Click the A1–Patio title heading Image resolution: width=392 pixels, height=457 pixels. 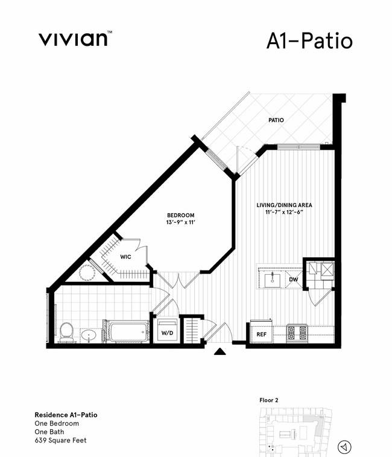(309, 41)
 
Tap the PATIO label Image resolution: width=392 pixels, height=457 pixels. (276, 120)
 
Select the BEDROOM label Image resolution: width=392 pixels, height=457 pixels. (180, 215)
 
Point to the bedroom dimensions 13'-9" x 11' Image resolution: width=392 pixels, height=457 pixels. (180, 222)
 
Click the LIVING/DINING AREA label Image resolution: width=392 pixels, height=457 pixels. (284, 205)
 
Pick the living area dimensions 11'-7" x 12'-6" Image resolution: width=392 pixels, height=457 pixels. (284, 212)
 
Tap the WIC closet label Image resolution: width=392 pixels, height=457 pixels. (125, 257)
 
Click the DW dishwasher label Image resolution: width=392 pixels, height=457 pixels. (294, 280)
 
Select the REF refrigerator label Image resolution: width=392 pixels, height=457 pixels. (261, 334)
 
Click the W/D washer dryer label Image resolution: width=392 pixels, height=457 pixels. (167, 333)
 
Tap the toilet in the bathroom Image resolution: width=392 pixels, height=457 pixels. (66, 332)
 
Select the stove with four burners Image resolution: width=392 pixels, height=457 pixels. (297, 333)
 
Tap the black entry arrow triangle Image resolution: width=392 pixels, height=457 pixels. (220, 351)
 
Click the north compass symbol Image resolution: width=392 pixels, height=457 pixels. (344, 447)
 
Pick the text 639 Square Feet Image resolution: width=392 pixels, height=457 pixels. (60, 440)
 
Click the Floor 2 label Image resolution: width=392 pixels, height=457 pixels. (269, 400)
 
